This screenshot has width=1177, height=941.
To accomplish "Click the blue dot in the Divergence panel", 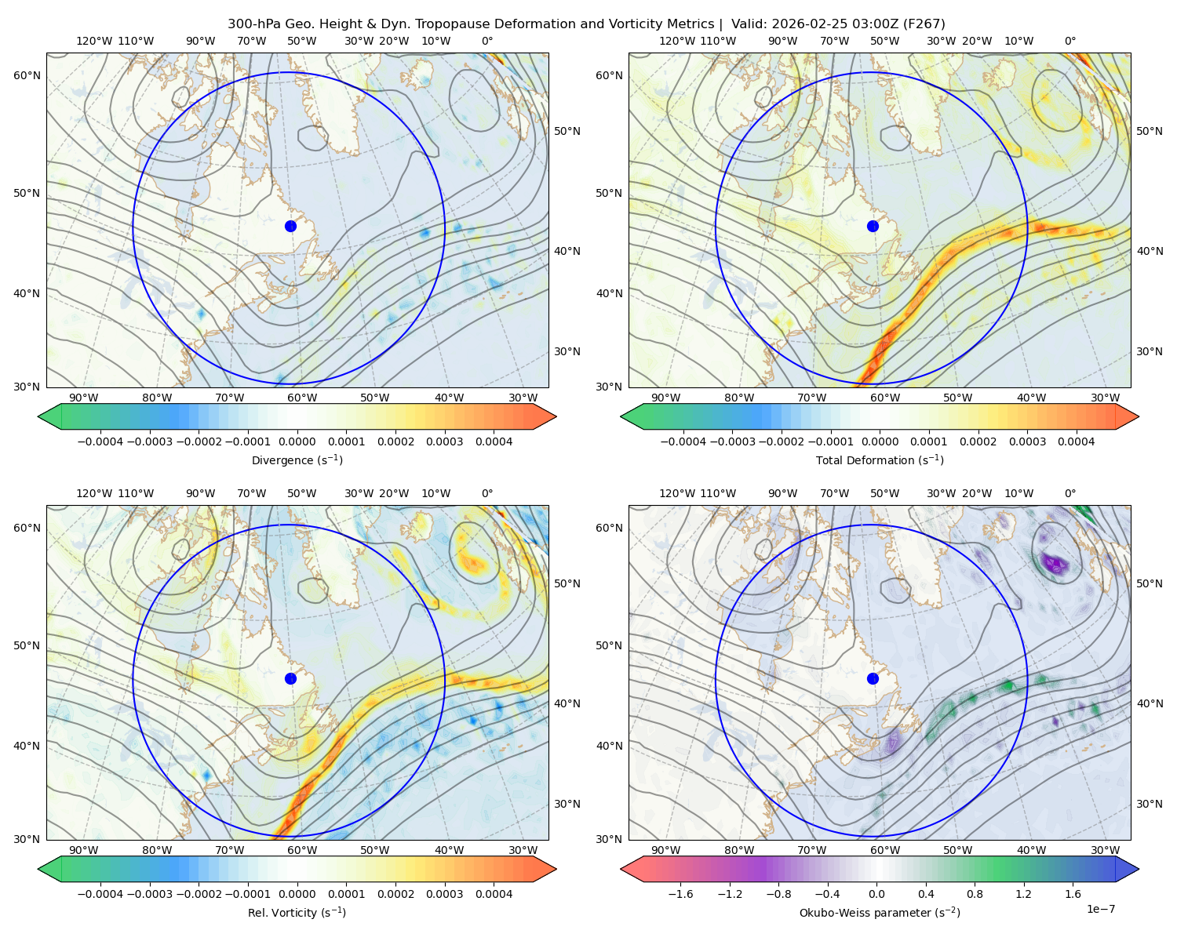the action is (290, 226).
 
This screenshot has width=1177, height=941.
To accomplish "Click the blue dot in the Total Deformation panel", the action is (873, 226).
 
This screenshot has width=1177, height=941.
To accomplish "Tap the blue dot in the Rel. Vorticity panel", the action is (290, 678).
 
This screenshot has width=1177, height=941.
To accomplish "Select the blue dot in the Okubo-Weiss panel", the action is (873, 678).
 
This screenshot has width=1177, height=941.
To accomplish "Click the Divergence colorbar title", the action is (297, 460).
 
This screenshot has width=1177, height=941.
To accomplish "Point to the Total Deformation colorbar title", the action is (880, 460).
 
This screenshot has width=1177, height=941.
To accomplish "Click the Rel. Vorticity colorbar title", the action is (297, 912).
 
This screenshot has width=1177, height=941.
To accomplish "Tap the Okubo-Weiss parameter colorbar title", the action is (880, 912).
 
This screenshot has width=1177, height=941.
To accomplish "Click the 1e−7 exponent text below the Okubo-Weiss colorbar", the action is (1100, 909).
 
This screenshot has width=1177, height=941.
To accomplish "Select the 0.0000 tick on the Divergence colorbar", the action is (297, 441).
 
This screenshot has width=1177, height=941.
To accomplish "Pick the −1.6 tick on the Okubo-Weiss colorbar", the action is (680, 894).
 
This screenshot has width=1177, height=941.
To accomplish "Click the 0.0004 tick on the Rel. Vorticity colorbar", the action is (494, 894).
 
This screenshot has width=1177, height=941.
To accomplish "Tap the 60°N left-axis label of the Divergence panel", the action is (27, 75).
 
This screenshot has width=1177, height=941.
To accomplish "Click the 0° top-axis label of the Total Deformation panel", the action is (1070, 41).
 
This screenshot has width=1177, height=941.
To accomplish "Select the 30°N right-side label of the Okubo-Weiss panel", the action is (1149, 804).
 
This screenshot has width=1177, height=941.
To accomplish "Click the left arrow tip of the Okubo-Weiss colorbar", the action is (621, 869).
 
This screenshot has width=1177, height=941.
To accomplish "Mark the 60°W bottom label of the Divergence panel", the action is (302, 398).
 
